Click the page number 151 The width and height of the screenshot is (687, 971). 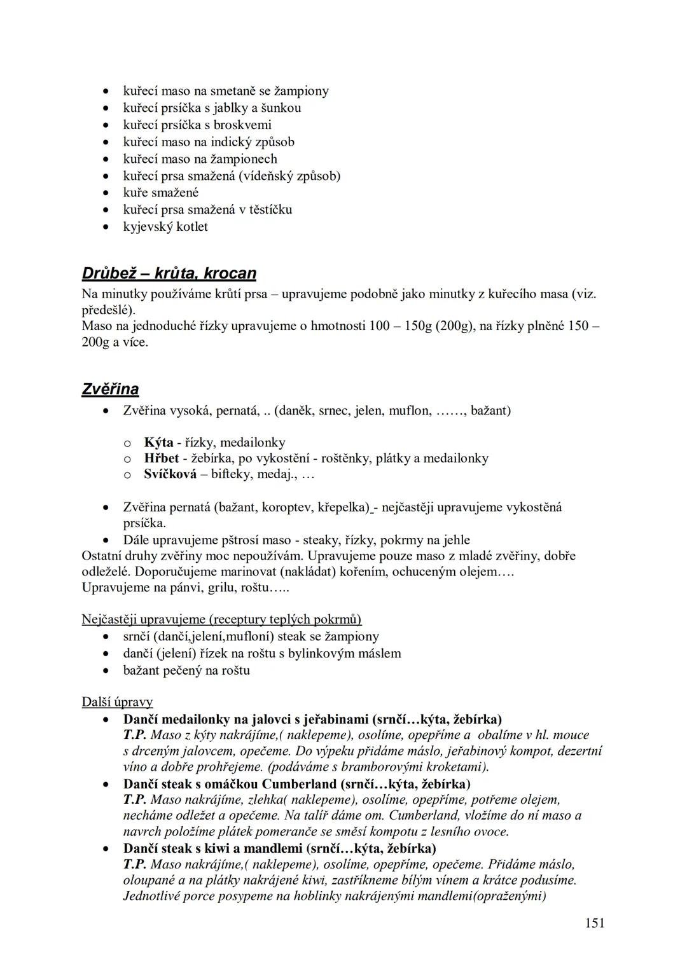coord(594,923)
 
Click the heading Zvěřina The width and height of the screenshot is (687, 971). coord(110,389)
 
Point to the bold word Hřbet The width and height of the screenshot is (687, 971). coord(162,458)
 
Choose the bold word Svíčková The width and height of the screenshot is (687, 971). coord(170,474)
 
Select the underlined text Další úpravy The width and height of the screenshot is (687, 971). coord(117,702)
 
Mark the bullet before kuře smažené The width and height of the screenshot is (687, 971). coord(109,193)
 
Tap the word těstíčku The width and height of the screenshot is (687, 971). coord(265,209)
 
